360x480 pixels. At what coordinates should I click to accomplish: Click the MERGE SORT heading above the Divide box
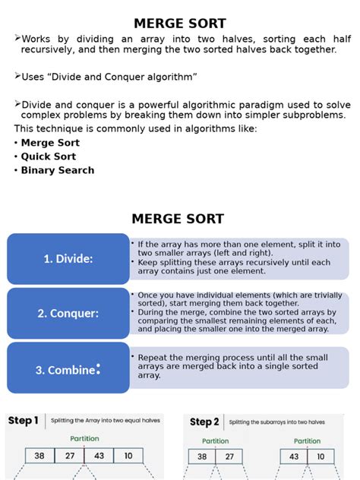click(178, 219)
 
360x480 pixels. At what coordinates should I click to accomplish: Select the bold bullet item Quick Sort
click(49, 156)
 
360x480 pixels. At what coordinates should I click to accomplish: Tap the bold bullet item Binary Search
click(57, 170)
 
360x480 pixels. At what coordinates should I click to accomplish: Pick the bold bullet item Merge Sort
click(50, 143)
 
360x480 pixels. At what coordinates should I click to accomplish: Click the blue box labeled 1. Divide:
click(68, 259)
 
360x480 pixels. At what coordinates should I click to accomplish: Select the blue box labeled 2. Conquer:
click(68, 313)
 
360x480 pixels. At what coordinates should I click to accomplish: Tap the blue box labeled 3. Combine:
click(68, 368)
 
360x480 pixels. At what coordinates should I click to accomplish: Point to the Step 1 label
click(23, 421)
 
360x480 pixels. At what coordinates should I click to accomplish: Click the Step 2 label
click(204, 422)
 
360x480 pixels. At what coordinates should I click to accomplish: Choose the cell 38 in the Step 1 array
click(39, 456)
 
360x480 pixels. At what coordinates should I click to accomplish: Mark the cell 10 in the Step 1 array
click(128, 456)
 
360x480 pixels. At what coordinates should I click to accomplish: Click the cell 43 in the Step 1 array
click(99, 456)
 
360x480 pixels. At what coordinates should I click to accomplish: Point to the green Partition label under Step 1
click(84, 438)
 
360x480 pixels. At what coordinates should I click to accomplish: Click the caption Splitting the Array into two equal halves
click(106, 421)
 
